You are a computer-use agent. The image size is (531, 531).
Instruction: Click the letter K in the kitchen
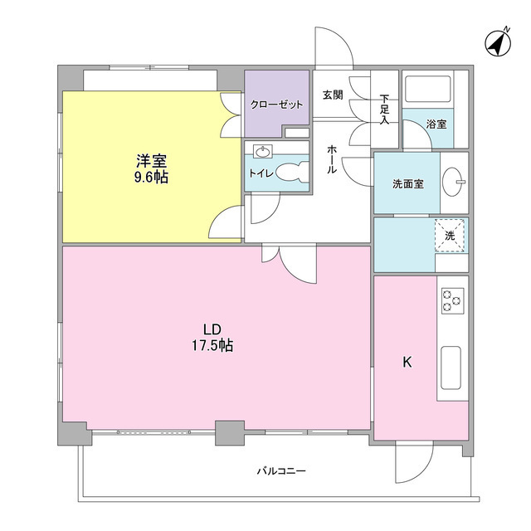click(407, 362)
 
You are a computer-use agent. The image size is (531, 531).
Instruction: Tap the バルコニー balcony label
click(281, 471)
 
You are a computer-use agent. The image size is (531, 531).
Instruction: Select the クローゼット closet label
click(277, 105)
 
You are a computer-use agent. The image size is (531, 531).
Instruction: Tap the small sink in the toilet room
click(264, 152)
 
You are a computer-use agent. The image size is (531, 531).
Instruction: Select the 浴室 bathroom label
click(436, 124)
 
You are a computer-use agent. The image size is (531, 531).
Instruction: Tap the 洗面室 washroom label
click(408, 183)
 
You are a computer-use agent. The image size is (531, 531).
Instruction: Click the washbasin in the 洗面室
click(454, 182)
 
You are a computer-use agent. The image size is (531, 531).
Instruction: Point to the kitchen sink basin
click(453, 367)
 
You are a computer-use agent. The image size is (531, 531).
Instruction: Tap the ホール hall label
click(332, 158)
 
